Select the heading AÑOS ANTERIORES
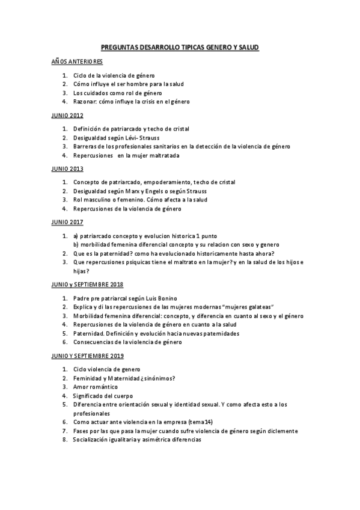pos(77,62)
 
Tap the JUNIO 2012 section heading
pos(67,115)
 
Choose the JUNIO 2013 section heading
pos(67,168)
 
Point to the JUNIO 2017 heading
pos(67,222)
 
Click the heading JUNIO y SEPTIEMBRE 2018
pos(87,284)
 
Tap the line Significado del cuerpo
pos(103,396)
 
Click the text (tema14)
pos(203,422)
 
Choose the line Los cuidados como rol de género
pos(118,93)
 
